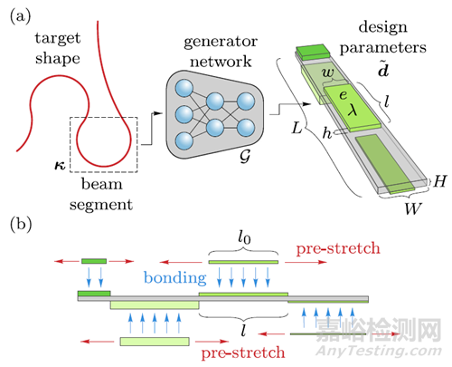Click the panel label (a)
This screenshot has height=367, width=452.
pyautogui.click(x=21, y=16)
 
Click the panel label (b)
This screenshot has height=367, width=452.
pyautogui.click(x=21, y=225)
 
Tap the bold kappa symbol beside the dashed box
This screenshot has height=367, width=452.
pyautogui.click(x=60, y=165)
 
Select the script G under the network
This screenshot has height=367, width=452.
pyautogui.click(x=245, y=156)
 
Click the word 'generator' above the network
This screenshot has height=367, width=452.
pyautogui.click(x=221, y=42)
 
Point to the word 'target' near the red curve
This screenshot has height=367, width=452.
pyautogui.click(x=58, y=39)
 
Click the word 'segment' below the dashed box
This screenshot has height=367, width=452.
pyautogui.click(x=101, y=206)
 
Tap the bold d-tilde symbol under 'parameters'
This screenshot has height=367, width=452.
pyautogui.click(x=383, y=69)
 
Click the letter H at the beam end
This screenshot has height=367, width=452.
pyautogui.click(x=439, y=181)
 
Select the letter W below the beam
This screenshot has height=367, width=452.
pyautogui.click(x=413, y=208)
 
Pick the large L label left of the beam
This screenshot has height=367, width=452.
pyautogui.click(x=297, y=128)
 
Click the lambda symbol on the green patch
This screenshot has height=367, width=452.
pyautogui.click(x=352, y=109)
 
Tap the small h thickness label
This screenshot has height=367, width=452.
pyautogui.click(x=326, y=132)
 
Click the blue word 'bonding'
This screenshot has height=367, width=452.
pyautogui.click(x=175, y=277)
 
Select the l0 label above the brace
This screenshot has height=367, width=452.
pyautogui.click(x=244, y=237)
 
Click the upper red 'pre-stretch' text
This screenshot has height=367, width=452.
pyautogui.click(x=338, y=249)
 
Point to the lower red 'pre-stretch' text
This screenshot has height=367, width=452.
pyautogui.click(x=243, y=353)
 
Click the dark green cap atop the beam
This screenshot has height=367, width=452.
pyautogui.click(x=312, y=51)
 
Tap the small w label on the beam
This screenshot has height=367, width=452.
pyautogui.click(x=328, y=73)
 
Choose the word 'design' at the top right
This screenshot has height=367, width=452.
pyautogui.click(x=382, y=28)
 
